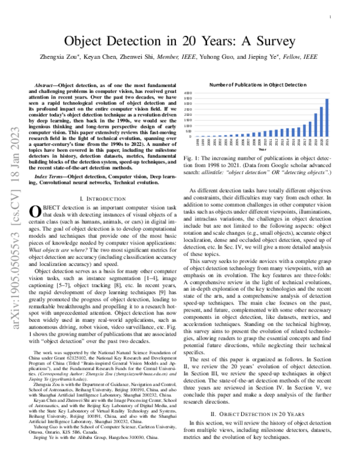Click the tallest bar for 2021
tap(327, 118)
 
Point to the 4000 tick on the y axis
tap(187, 93)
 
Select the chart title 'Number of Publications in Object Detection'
tap(257, 86)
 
